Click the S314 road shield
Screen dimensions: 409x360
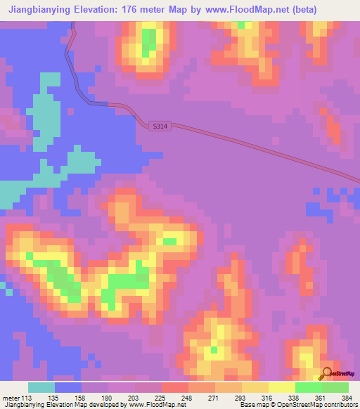(x=160, y=126)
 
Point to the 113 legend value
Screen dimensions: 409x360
(x=27, y=397)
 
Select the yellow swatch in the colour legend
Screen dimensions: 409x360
(x=281, y=387)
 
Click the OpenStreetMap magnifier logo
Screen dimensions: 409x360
(x=327, y=373)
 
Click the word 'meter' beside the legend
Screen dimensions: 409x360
(x=9, y=397)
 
